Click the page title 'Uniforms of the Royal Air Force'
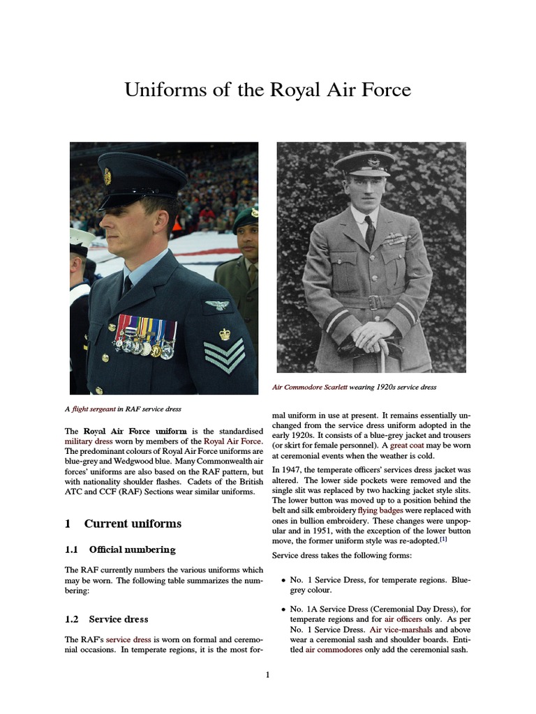click(x=267, y=90)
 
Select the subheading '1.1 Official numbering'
click(x=120, y=549)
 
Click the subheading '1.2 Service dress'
click(x=106, y=618)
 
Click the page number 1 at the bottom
click(x=267, y=674)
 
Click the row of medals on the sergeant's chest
click(x=147, y=336)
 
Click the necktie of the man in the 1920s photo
click(x=369, y=231)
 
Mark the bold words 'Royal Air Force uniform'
click(x=135, y=431)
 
